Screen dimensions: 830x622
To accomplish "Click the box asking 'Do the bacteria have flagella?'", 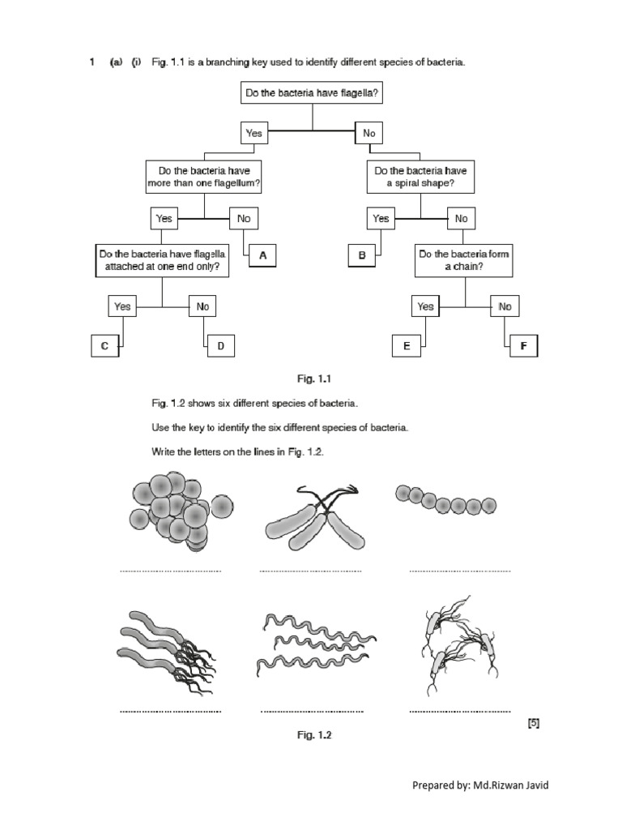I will (x=311, y=93).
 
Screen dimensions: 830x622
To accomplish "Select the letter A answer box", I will (x=262, y=255).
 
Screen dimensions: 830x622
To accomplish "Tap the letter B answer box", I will (x=363, y=255).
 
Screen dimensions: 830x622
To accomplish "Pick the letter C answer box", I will (x=104, y=347).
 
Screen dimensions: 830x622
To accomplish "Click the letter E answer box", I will (x=407, y=347).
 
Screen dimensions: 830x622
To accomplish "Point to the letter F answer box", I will (x=523, y=347).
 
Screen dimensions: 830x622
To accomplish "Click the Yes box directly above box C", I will (x=122, y=306).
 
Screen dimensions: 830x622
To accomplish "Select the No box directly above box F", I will (x=505, y=306).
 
